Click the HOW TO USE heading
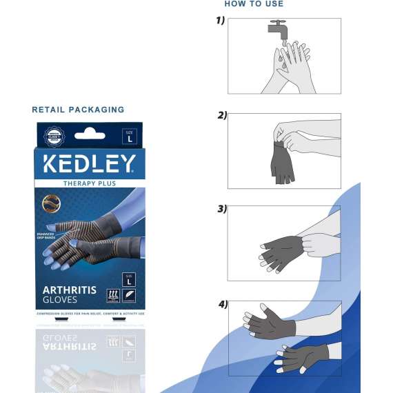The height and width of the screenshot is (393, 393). click(254, 4)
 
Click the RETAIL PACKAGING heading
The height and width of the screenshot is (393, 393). click(78, 110)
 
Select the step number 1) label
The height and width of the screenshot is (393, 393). click(221, 21)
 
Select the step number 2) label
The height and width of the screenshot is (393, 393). click(222, 115)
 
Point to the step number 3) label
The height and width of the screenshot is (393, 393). click(222, 209)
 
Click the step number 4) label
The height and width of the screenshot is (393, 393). click(223, 303)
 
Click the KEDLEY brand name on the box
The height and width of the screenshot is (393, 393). click(90, 164)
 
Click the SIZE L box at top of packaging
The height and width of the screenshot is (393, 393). click(129, 137)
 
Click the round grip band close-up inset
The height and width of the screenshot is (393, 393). click(51, 203)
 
